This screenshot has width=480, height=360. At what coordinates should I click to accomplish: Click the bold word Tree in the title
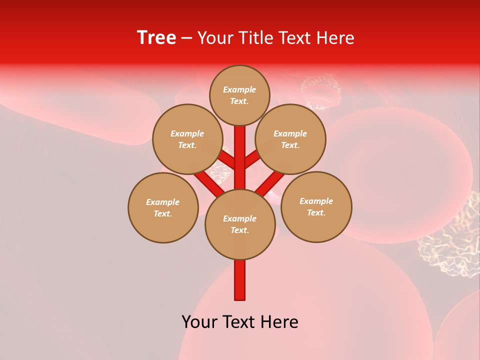(156, 38)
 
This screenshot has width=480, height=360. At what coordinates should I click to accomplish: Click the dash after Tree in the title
(187, 38)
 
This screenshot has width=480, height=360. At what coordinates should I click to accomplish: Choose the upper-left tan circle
(187, 139)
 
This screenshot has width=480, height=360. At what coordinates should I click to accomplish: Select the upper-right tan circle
(290, 139)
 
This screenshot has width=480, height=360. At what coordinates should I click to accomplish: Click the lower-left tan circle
(163, 207)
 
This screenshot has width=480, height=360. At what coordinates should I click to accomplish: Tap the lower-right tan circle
(316, 206)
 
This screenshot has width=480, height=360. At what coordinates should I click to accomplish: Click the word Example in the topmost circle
(239, 89)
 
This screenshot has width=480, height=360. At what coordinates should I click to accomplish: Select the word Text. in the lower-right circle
(316, 212)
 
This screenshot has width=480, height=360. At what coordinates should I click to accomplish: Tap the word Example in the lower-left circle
(163, 202)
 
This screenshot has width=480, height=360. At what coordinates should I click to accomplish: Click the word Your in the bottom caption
(197, 322)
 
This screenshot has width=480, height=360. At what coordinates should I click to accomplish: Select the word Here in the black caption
(281, 322)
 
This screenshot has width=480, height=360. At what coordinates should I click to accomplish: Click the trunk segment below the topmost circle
(240, 145)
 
